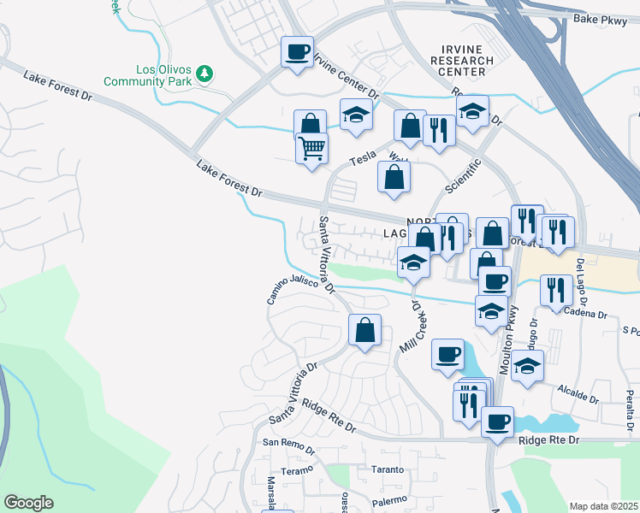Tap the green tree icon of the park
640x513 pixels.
click(204, 73)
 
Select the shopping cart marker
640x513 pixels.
click(311, 147)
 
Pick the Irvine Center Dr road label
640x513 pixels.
click(347, 75)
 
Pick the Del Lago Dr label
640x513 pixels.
click(582, 282)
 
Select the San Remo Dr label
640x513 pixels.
click(283, 443)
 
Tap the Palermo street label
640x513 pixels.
click(388, 499)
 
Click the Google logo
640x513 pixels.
click(28, 502)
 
